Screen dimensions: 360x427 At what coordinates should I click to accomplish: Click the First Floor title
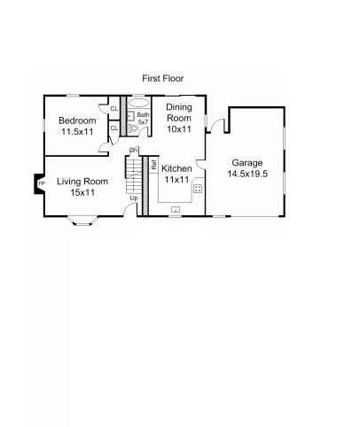[163, 79]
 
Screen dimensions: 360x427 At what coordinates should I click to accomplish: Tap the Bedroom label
[77, 120]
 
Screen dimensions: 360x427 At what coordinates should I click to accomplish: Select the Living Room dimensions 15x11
[82, 192]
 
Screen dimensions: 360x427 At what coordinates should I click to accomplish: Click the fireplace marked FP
[39, 183]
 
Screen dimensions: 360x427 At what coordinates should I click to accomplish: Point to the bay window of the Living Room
[82, 221]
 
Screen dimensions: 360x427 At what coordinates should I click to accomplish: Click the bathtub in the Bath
[139, 103]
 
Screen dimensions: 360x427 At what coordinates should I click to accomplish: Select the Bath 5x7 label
[143, 118]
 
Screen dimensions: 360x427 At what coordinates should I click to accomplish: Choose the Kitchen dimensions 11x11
[176, 180]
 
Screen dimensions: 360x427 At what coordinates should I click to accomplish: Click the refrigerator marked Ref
[153, 165]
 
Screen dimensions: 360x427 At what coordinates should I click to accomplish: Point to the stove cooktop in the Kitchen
[198, 189]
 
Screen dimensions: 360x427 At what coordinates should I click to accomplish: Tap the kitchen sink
[176, 210]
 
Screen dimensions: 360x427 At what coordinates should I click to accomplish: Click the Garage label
[247, 163]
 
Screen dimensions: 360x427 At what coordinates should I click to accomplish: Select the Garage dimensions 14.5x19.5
[247, 174]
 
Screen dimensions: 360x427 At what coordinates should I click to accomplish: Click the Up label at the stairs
[134, 198]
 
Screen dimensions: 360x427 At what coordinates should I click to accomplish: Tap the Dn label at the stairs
[133, 151]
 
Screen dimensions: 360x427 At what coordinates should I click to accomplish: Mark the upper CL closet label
[114, 109]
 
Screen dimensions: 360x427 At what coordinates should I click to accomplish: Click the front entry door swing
[129, 209]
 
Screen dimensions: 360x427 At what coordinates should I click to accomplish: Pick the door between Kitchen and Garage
[201, 165]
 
